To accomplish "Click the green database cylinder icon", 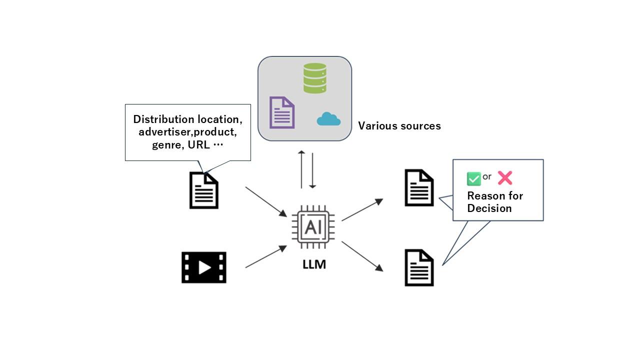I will click(315, 78).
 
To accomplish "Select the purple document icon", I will click(282, 112).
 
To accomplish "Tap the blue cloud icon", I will click(328, 119).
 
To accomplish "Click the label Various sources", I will click(399, 126).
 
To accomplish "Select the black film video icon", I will click(204, 267).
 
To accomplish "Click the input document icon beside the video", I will click(204, 190).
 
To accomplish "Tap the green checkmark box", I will click(473, 178).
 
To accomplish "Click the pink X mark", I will click(505, 178).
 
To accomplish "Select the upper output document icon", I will click(419, 188).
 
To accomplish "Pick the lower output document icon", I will click(419, 268).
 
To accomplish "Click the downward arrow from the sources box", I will click(312, 170).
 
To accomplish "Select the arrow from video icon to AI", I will click(266, 256).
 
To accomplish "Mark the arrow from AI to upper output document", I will click(362, 209).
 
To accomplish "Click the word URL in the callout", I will click(198, 145).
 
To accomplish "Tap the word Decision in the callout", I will click(489, 208).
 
